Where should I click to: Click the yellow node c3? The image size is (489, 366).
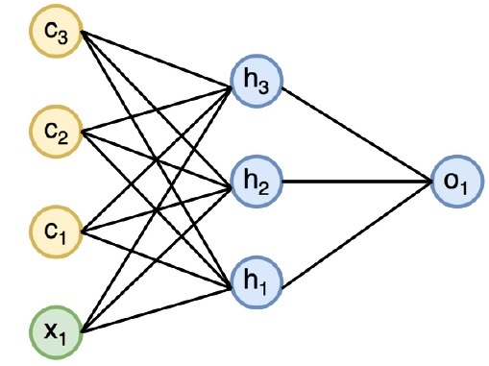tap(54, 33)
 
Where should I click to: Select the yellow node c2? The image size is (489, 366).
tap(54, 130)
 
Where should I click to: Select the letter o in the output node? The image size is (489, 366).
tap(449, 178)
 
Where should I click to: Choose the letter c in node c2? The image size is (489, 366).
tap(49, 129)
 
